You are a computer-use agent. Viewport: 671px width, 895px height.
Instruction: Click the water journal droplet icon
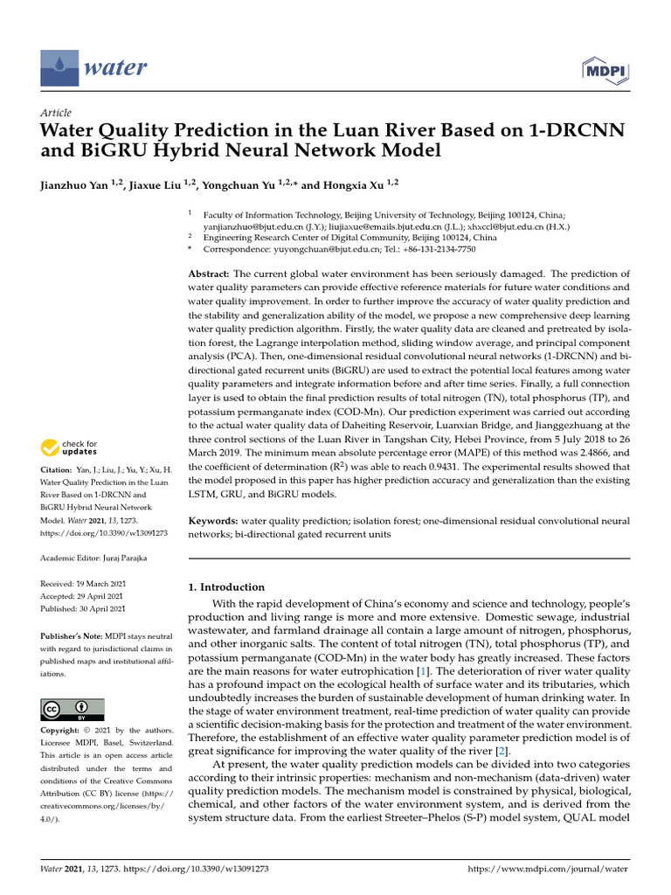coord(59,67)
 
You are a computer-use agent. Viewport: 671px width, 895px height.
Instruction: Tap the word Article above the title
coord(56,113)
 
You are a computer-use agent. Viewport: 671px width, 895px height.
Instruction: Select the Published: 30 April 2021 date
coord(84,608)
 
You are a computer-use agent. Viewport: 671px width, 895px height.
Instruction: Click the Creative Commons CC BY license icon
coord(73,709)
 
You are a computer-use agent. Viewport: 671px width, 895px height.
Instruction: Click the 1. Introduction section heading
coord(226,587)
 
